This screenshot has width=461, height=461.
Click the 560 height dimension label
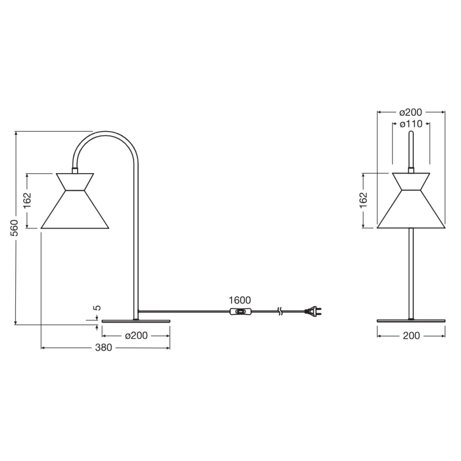pyautogui.click(x=15, y=227)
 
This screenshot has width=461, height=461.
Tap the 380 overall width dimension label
pyautogui.click(x=104, y=348)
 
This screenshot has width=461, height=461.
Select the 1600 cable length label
pyautogui.click(x=240, y=301)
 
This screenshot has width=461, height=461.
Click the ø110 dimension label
pyautogui.click(x=411, y=124)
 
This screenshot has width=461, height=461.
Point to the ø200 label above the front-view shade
pyautogui.click(x=411, y=112)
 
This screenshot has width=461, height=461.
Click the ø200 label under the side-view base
pyautogui.click(x=136, y=336)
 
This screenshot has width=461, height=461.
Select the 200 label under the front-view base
pyautogui.click(x=411, y=336)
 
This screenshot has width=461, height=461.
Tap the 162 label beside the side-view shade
pyautogui.click(x=28, y=200)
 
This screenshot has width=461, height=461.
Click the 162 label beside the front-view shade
pyautogui.click(x=363, y=200)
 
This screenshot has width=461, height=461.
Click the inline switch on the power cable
pyautogui.click(x=241, y=312)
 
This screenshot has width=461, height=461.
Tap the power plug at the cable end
pyautogui.click(x=313, y=312)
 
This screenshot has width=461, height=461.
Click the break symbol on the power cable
pyautogui.click(x=280, y=311)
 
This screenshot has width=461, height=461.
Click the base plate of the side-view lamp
pyautogui.click(x=136, y=321)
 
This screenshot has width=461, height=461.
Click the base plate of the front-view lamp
pyautogui.click(x=411, y=321)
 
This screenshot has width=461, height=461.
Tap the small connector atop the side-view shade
pyautogui.click(x=74, y=170)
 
